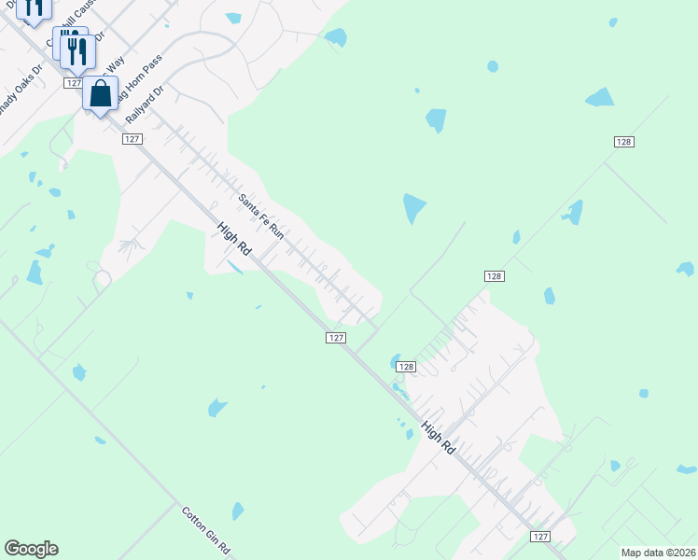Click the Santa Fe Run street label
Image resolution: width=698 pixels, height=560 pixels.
[260, 216]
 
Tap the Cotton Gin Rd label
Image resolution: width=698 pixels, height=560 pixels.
[205, 529]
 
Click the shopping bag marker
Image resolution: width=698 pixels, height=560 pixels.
[100, 94]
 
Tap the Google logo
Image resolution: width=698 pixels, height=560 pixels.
[31, 549]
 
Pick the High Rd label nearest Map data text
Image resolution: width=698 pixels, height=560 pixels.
[438, 437]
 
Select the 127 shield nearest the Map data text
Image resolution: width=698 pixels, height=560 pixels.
[539, 537]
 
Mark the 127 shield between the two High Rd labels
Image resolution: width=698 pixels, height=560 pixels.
[337, 338]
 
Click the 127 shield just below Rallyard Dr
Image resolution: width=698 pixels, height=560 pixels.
[132, 138]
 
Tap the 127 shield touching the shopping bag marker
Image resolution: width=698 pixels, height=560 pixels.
[75, 83]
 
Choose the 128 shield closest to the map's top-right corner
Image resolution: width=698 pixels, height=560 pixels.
[624, 141]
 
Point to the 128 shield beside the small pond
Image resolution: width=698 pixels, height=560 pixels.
[404, 367]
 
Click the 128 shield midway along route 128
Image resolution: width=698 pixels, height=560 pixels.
[495, 276]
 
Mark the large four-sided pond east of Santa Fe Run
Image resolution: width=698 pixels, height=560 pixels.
[413, 208]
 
